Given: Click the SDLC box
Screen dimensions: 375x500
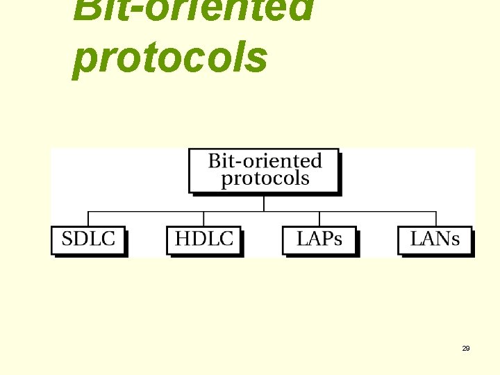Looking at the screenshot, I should point(88,240).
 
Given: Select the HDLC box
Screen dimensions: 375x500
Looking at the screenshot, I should point(203,240).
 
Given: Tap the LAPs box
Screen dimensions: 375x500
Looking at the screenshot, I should point(319,240).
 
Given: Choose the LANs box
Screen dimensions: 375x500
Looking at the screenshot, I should point(435,240).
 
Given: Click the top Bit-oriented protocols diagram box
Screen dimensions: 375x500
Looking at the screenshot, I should point(264,170).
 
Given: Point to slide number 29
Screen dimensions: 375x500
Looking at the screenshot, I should point(466,348).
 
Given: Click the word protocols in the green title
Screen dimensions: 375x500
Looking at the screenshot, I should point(170,57).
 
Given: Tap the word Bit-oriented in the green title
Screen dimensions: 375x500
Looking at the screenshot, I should point(193,8).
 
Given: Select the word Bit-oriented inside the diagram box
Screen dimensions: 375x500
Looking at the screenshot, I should point(265,161).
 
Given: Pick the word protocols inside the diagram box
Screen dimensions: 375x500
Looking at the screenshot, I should point(265,178).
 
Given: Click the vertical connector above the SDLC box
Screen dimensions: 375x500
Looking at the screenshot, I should point(88,219).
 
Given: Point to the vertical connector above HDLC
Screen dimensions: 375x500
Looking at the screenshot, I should point(203,219).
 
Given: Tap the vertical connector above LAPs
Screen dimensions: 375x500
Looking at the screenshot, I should point(319,219).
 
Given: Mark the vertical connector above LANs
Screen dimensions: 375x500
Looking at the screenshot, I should point(436,219).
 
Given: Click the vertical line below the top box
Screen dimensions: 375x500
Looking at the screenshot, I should point(264,202).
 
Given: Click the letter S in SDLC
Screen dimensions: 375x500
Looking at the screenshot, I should point(68,240).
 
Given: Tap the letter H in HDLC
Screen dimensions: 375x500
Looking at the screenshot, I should point(183,240).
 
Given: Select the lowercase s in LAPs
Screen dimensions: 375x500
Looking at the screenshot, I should point(337,241).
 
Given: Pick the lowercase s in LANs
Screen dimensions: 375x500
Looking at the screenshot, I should point(455,241).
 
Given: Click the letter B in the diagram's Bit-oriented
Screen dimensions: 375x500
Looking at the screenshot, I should point(214,161).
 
